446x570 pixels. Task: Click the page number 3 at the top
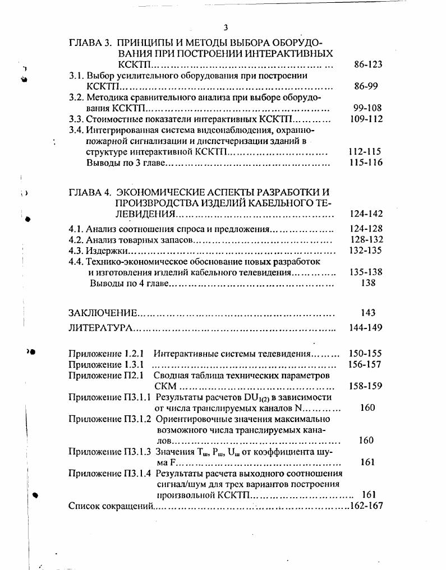click(226, 27)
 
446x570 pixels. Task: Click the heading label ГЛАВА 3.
click(88, 43)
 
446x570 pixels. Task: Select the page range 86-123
click(368, 64)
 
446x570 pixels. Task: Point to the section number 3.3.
click(76, 119)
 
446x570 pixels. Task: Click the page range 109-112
click(366, 119)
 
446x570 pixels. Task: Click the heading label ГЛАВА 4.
click(88, 192)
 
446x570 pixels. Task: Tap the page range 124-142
click(366, 214)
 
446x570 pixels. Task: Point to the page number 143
click(369, 313)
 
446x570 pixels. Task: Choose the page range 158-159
click(365, 386)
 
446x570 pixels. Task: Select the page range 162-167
click(365, 506)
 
